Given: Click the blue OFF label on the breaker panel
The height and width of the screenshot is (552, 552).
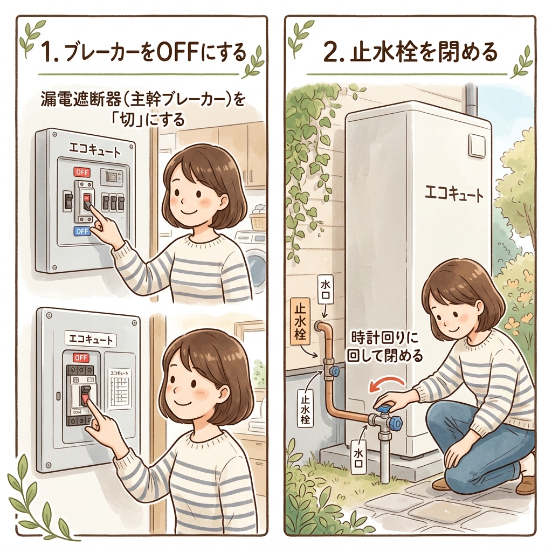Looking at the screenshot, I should coord(82,231).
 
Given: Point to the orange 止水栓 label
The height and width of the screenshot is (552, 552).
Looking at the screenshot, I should coord(298,321).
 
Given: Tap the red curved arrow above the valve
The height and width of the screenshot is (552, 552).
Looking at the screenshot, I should coord(384,385).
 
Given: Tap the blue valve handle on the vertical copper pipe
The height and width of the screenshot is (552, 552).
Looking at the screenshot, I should coord(335,370).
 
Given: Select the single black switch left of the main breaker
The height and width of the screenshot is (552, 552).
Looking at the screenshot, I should coord(67,201).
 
